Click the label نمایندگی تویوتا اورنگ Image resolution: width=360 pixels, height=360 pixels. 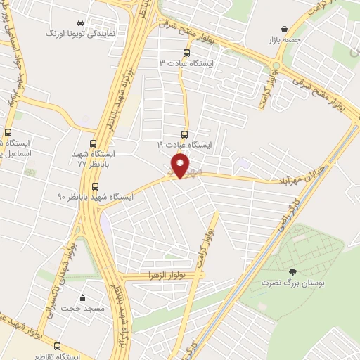coord(78,33)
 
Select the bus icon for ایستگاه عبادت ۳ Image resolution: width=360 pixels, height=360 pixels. coord(186,52)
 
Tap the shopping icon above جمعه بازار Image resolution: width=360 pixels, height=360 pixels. coord(283,29)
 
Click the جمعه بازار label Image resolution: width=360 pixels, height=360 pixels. coord(283,40)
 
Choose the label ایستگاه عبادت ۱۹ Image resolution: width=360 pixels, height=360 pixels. coord(184,144)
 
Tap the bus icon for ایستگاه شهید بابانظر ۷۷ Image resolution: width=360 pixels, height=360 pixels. coord(94,143)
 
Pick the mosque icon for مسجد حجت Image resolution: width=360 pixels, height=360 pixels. coord(83,298)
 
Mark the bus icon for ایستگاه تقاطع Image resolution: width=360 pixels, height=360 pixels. coord(57,346)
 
